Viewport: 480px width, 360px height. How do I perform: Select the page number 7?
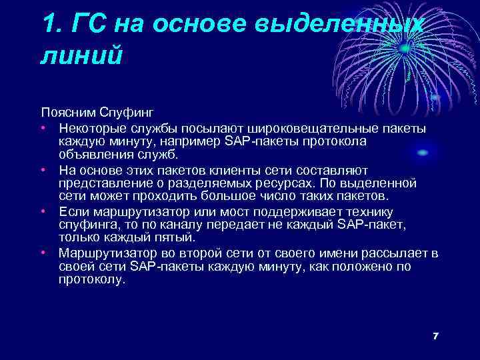[x=435, y=335]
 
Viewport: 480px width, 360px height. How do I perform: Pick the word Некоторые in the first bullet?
[x=90, y=127]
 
